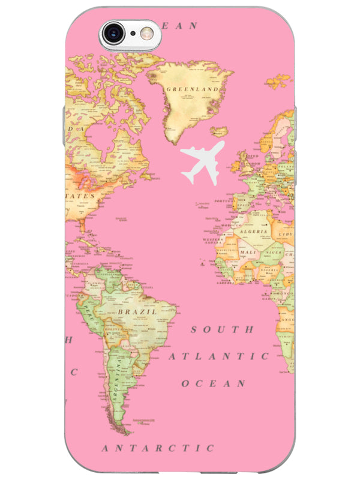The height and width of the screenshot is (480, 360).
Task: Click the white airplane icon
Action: [x=202, y=161]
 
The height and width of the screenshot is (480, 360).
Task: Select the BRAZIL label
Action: [x=137, y=312]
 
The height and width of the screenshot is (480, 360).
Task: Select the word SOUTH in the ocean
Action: [x=222, y=329]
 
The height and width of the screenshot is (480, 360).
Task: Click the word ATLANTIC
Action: [x=218, y=356]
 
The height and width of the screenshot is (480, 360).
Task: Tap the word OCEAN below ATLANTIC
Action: [x=214, y=383]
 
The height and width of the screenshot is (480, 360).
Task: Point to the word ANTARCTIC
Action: [x=158, y=448]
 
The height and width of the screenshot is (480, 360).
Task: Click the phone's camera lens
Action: [x=113, y=33]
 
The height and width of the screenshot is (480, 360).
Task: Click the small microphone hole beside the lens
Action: [x=133, y=33]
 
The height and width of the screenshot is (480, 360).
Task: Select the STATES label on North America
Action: [x=80, y=196]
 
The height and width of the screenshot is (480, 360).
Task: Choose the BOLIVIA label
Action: [x=113, y=329]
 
